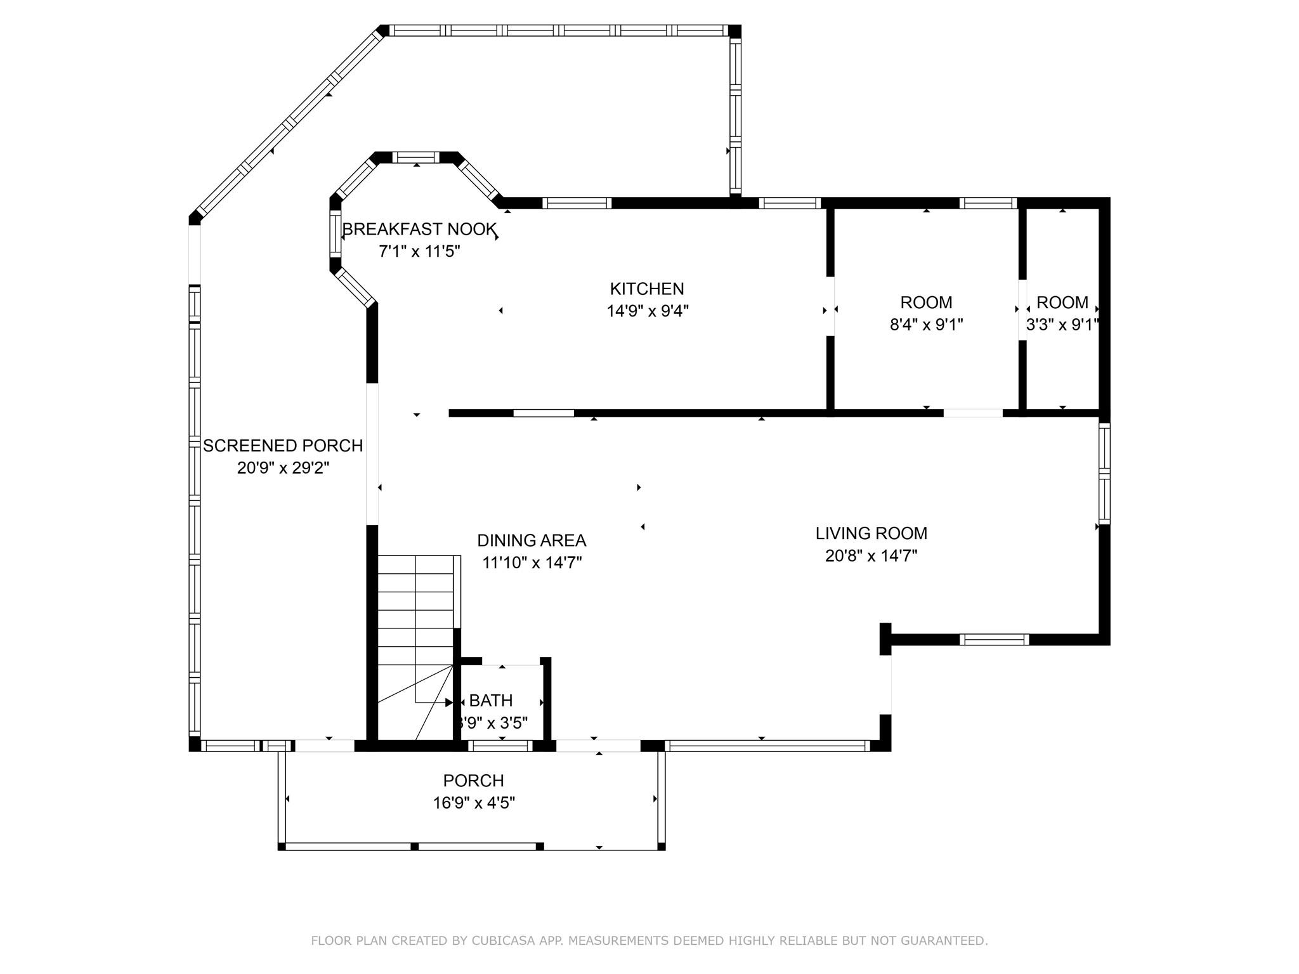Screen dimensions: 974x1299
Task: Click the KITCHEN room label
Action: pos(647,289)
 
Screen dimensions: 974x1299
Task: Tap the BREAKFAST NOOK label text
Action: pos(419,230)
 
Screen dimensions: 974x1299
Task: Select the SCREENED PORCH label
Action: pos(283,446)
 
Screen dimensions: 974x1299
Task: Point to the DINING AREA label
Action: pos(532,540)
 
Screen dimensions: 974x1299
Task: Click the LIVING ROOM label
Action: pos(871,533)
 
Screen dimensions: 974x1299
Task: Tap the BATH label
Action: pos(490,701)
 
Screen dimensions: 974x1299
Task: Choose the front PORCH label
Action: pos(473,781)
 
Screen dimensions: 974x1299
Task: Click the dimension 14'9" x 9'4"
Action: pos(647,311)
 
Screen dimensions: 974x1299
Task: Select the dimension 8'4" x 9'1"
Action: pos(926,325)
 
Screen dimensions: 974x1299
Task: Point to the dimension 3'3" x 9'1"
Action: pos(1062,325)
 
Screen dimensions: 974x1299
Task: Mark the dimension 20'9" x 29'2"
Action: pos(283,468)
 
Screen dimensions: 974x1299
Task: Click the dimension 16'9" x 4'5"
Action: pos(473,803)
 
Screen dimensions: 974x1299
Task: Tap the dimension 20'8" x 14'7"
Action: pos(871,556)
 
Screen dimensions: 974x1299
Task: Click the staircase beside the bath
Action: pos(415,634)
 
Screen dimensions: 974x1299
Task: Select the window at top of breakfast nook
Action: pos(416,157)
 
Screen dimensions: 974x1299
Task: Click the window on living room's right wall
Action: pos(1104,473)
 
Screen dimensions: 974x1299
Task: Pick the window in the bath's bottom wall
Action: pos(500,746)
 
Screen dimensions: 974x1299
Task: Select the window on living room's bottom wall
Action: pos(993,639)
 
